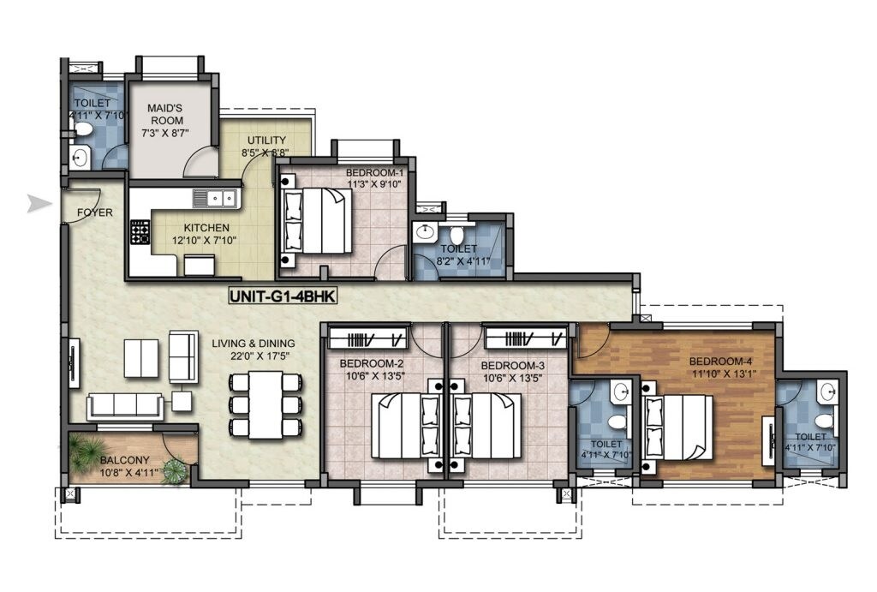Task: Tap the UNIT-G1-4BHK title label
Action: pyautogui.click(x=285, y=297)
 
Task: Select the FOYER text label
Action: pyautogui.click(x=94, y=212)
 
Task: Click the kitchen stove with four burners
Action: pyautogui.click(x=140, y=232)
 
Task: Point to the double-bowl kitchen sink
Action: pyautogui.click(x=215, y=199)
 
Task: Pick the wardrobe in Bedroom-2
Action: pyautogui.click(x=367, y=338)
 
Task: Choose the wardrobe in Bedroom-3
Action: pyautogui.click(x=524, y=338)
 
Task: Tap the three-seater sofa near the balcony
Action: pyautogui.click(x=125, y=407)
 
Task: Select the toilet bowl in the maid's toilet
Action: pyautogui.click(x=84, y=130)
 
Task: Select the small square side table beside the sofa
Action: pyautogui.click(x=182, y=400)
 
